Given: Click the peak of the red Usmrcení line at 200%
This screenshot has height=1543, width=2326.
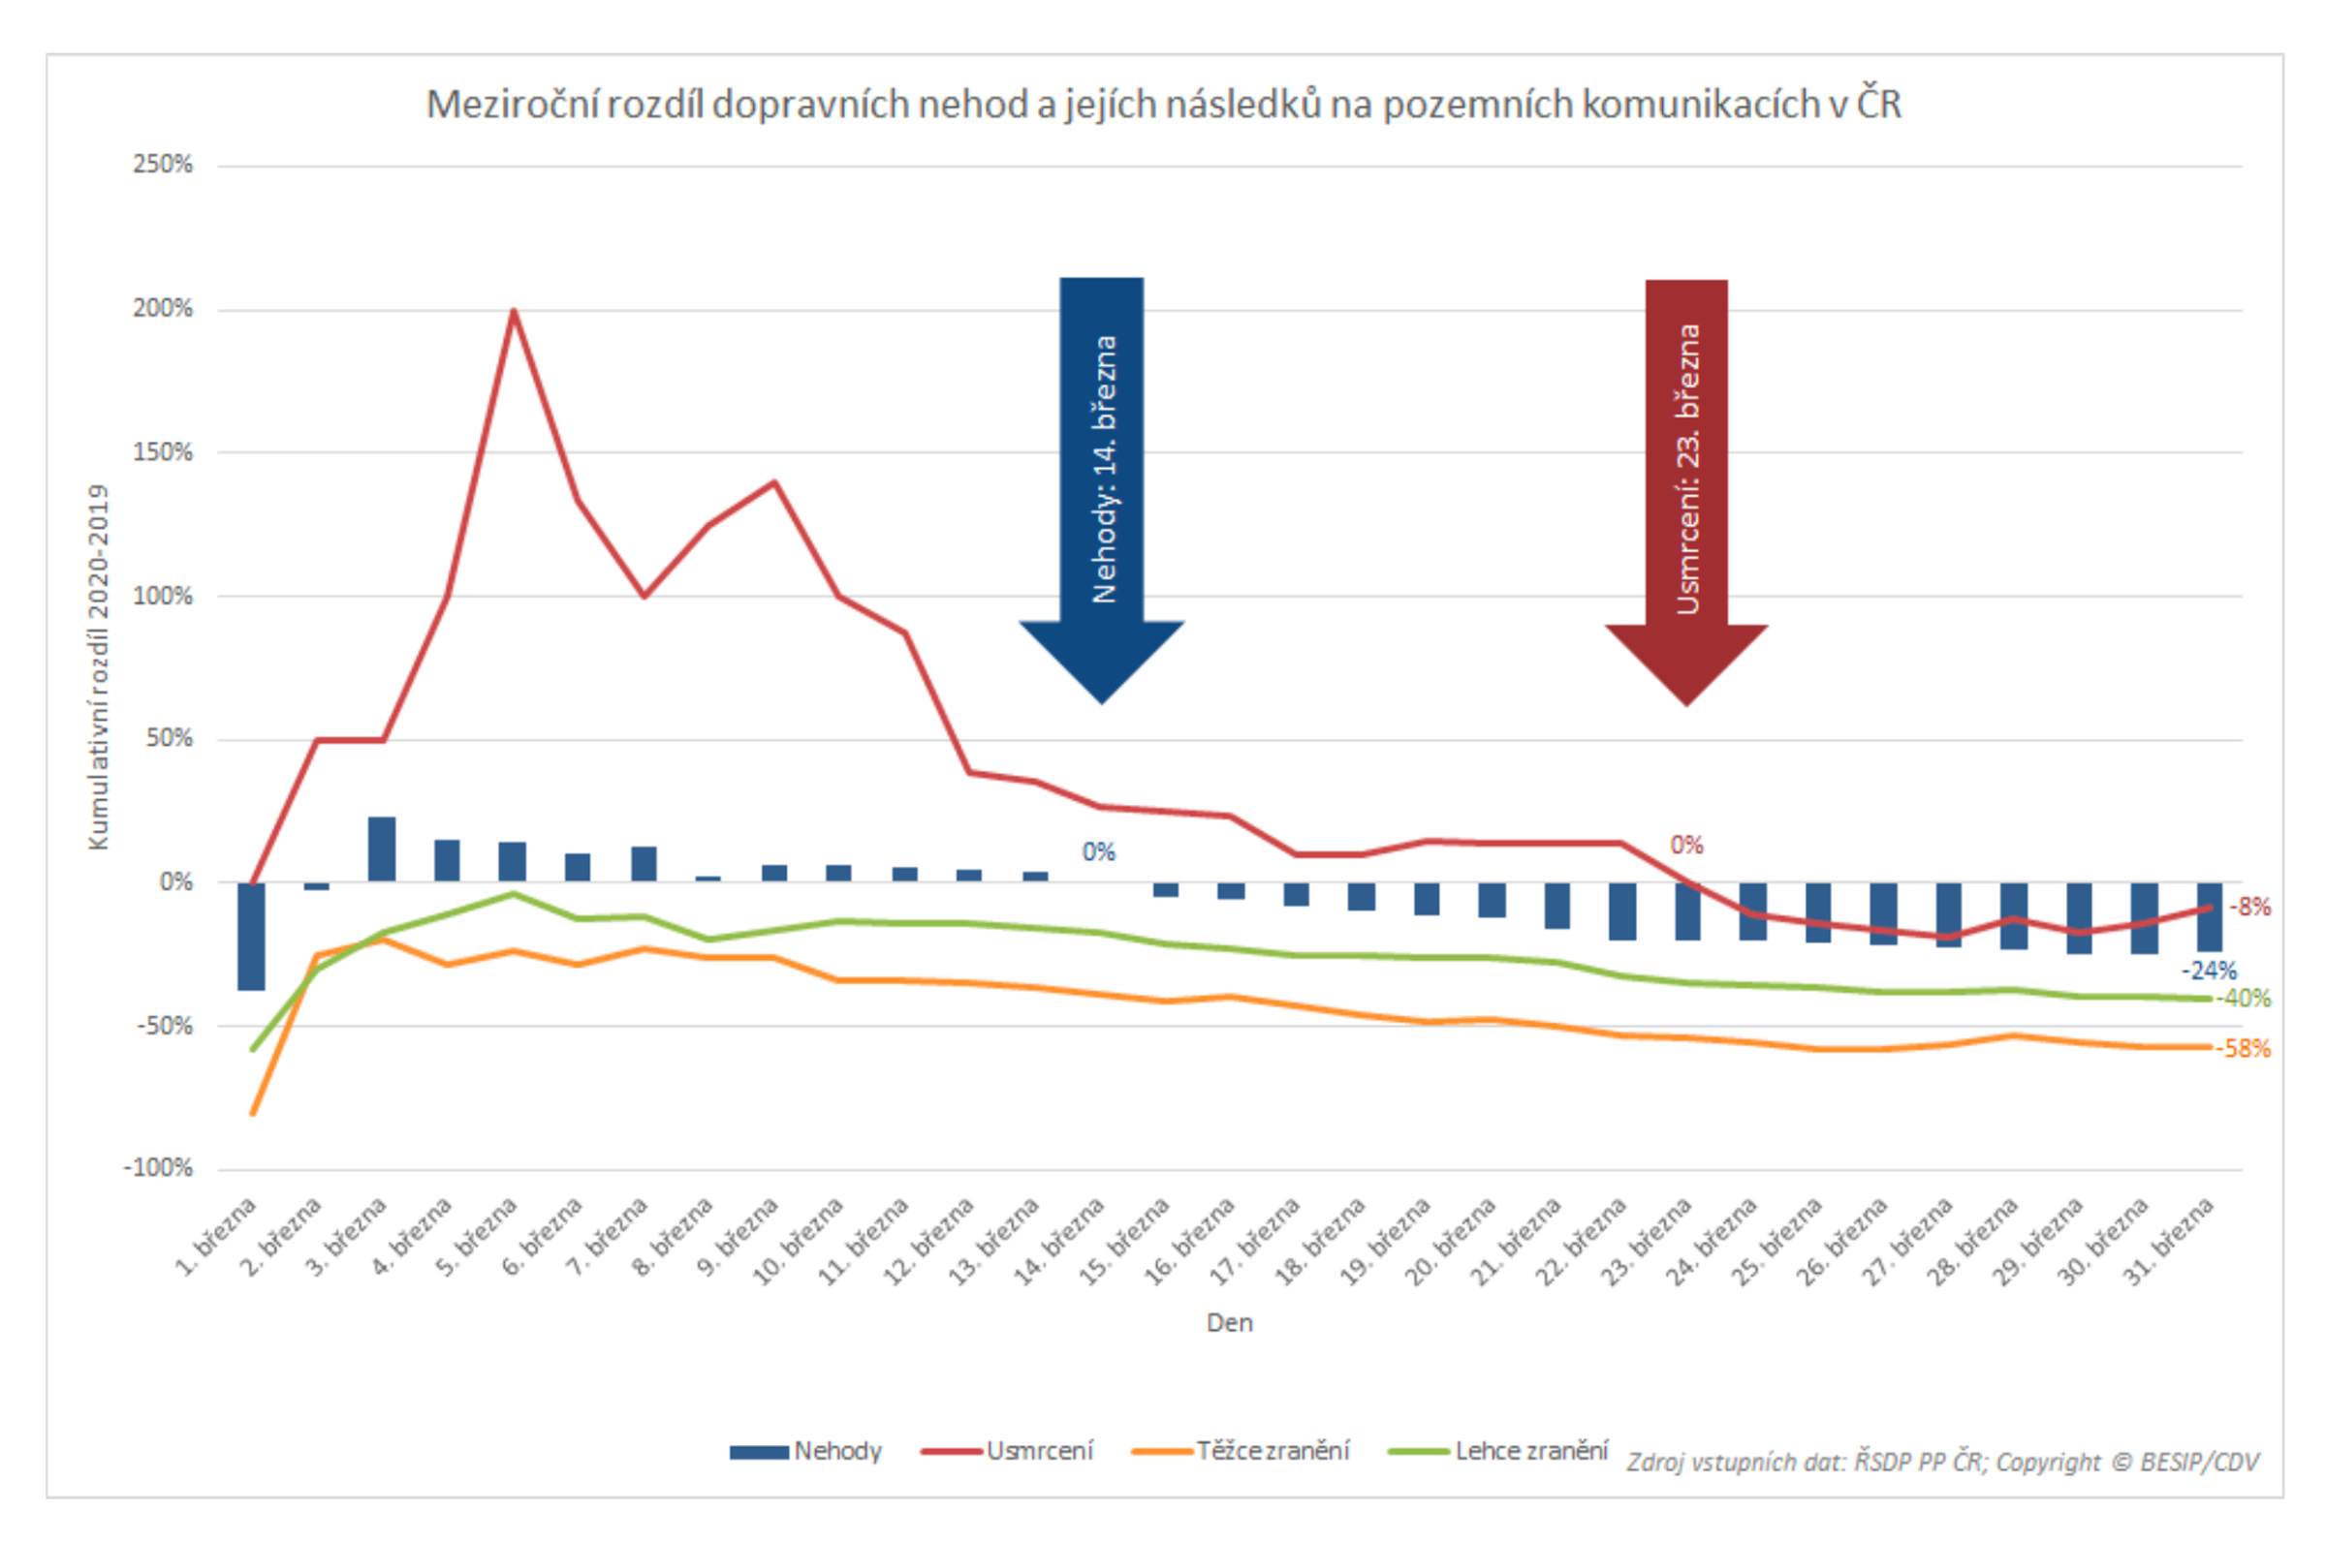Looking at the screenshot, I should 513,312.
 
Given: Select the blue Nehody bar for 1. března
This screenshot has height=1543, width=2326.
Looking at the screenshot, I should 251,936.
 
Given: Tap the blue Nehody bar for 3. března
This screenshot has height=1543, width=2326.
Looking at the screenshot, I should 382,849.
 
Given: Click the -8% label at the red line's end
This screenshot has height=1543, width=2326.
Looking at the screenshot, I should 2250,907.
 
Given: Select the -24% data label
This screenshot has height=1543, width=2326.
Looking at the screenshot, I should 2209,971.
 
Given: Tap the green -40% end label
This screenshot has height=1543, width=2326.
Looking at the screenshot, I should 2244,998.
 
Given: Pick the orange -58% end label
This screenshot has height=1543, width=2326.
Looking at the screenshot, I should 2244,1048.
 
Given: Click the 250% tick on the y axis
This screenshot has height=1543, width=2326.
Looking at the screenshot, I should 163,165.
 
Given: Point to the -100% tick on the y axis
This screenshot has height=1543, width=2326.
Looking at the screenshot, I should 158,1168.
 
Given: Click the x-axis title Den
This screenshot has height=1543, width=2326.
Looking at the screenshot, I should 1230,1322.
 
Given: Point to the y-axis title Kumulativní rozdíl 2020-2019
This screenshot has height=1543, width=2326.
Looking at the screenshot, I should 98,667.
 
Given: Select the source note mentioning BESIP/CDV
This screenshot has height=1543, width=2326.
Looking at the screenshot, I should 1941,1462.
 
